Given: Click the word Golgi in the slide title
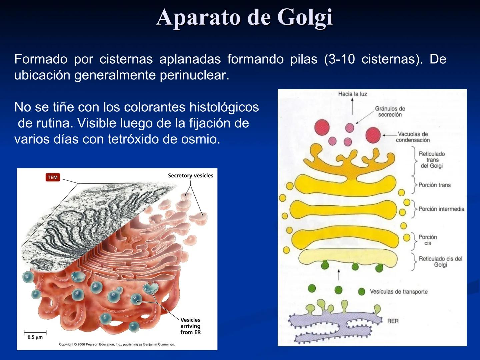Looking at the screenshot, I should pyautogui.click(x=305, y=17).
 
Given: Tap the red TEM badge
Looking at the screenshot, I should pyautogui.click(x=53, y=177).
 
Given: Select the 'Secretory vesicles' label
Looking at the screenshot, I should pyautogui.click(x=190, y=176).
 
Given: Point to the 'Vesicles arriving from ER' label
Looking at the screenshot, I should pyautogui.click(x=190, y=326).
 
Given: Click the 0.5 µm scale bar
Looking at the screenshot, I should pyautogui.click(x=35, y=333).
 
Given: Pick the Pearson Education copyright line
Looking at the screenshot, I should pyautogui.click(x=117, y=344).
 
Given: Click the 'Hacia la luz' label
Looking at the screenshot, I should pyautogui.click(x=352, y=94).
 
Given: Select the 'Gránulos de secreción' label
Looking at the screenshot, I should pyautogui.click(x=390, y=112).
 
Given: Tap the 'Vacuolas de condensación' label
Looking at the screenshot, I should pyautogui.click(x=413, y=137).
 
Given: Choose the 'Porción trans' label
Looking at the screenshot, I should pyautogui.click(x=434, y=185).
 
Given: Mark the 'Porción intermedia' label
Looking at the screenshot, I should pyautogui.click(x=441, y=209).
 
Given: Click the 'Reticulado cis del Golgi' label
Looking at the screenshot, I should pyautogui.click(x=440, y=262).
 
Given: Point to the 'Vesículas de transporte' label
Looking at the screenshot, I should pyautogui.click(x=399, y=292).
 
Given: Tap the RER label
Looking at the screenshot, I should pyautogui.click(x=393, y=321).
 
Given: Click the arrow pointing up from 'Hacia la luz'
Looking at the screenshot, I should pyautogui.click(x=352, y=107).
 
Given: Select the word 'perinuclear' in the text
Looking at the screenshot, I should pyautogui.click(x=194, y=75).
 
